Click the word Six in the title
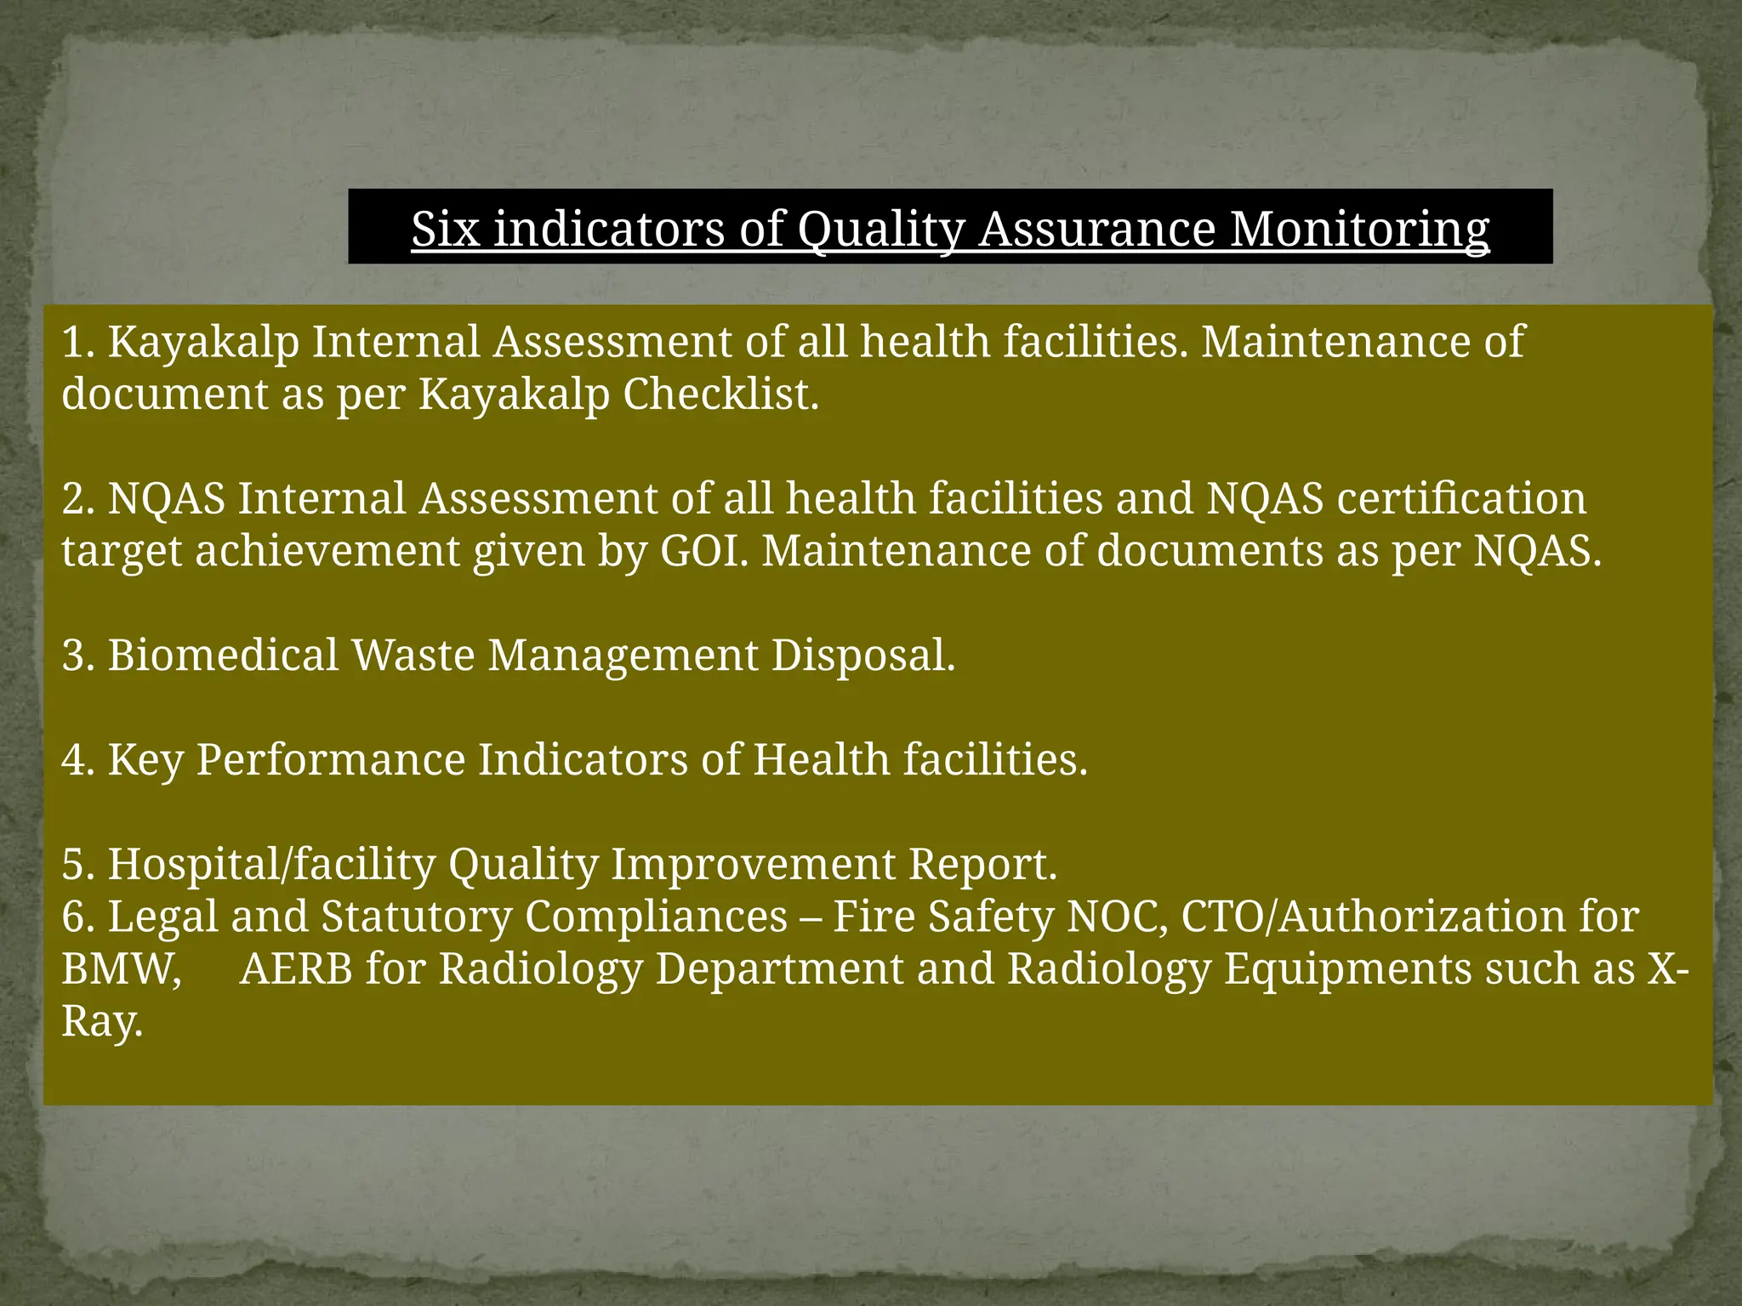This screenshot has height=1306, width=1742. [446, 229]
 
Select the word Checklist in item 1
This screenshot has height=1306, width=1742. [720, 394]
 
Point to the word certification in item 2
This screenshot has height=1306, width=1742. [1461, 498]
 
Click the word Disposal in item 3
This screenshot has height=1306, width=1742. [862, 656]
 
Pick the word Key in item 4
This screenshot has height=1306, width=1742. [145, 760]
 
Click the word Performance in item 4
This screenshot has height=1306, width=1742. [331, 760]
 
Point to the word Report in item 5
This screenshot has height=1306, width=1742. [982, 865]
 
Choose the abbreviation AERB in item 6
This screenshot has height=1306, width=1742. [296, 969]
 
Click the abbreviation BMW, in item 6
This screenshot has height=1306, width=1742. [122, 969]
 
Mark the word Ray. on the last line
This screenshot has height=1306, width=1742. [101, 1022]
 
